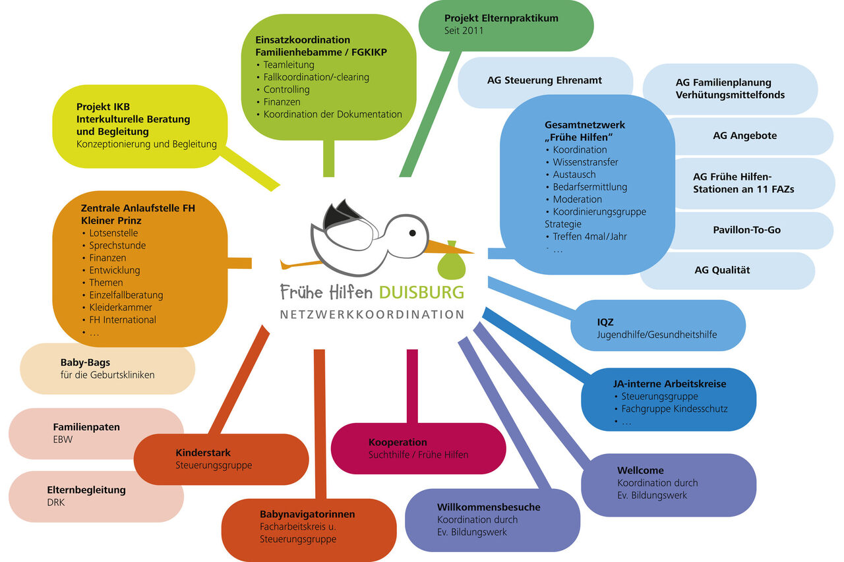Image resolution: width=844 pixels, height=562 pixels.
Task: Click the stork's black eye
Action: tap(413, 233)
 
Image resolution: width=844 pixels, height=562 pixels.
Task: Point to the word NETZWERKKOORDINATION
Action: tap(373, 314)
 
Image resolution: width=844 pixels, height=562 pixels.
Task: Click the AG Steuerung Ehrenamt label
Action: tap(544, 80)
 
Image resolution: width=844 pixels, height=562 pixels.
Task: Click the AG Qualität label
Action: tap(722, 269)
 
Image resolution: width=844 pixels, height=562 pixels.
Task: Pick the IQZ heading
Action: tap(605, 322)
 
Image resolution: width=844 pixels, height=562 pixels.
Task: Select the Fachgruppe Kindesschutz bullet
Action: tap(674, 408)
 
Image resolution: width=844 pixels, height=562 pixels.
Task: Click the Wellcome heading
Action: tap(640, 470)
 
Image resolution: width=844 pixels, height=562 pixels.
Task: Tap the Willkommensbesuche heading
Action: tap(489, 507)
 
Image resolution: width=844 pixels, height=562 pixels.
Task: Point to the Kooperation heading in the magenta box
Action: tap(398, 442)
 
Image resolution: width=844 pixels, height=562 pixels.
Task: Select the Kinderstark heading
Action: tap(203, 453)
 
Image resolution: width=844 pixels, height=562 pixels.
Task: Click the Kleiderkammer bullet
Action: tap(121, 307)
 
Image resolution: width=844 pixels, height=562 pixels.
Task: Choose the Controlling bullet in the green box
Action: tap(286, 89)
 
